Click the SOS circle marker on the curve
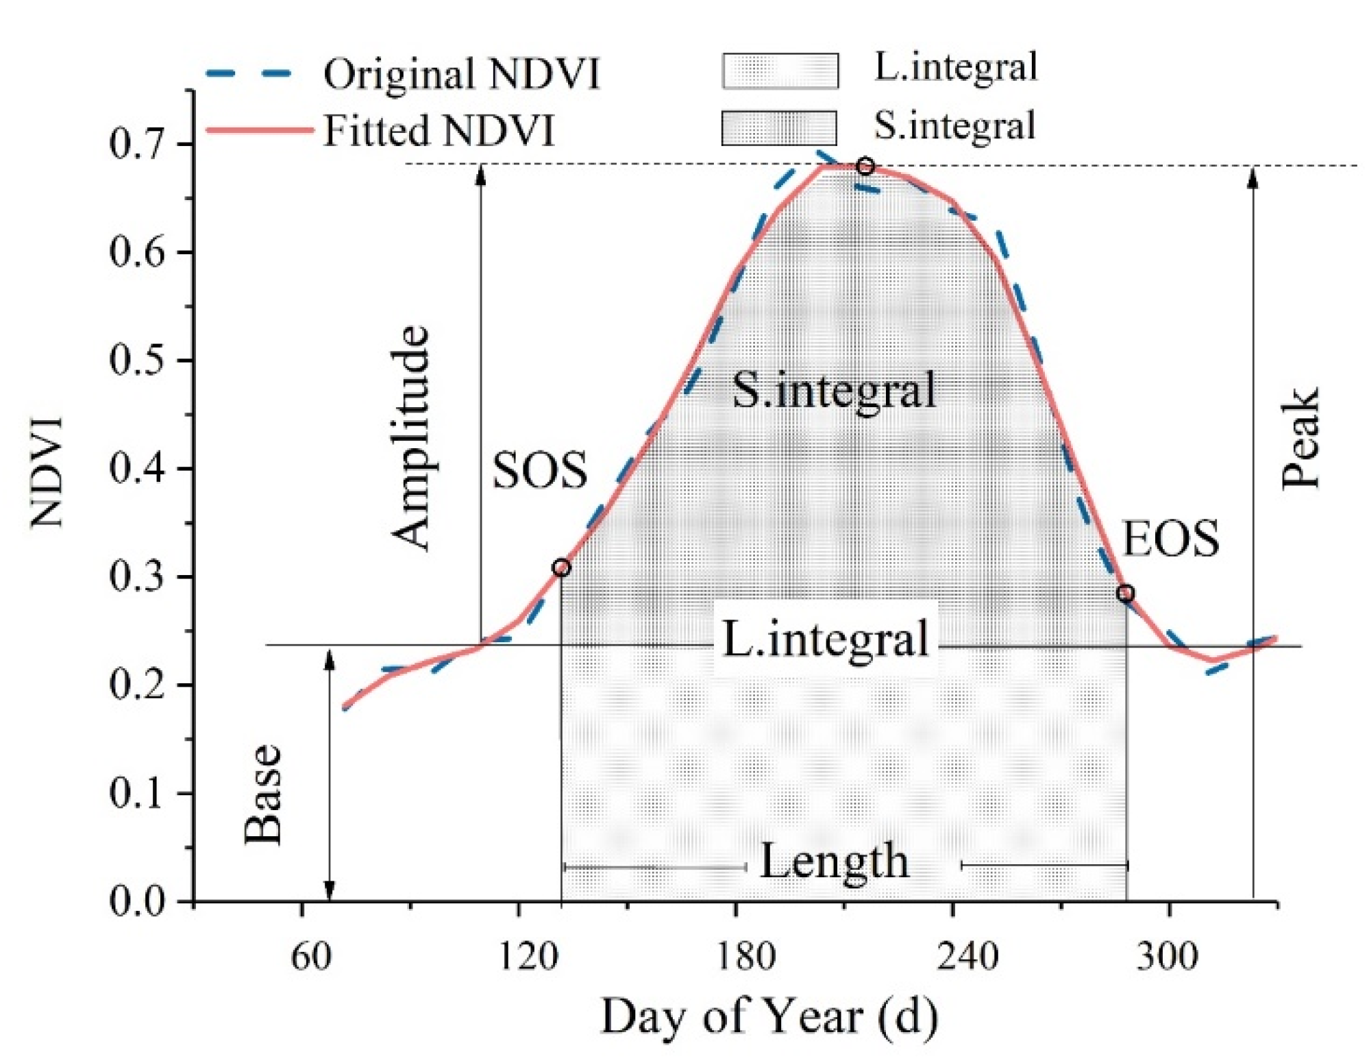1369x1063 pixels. pos(561,567)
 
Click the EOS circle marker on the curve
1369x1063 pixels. pos(1124,593)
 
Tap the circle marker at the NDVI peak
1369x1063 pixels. pos(865,167)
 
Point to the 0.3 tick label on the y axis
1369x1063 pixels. pos(137,576)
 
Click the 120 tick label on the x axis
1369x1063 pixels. pos(528,956)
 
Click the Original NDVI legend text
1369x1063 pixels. pos(461,74)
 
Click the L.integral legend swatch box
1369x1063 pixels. pos(780,71)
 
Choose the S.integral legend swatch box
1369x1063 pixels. pos(779,128)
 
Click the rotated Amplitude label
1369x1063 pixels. pos(411,439)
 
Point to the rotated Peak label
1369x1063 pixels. pos(1300,439)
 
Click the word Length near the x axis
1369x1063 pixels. pos(834,862)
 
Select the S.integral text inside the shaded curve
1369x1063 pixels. pos(834,391)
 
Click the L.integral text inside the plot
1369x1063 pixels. pos(826,639)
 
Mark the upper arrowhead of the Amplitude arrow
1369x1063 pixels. pos(481,175)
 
